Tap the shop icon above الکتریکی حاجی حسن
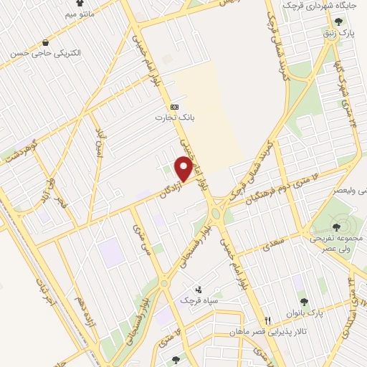click(x=47, y=43)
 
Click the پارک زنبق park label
click(x=338, y=33)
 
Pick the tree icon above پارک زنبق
click(x=338, y=22)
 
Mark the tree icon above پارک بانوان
click(x=303, y=302)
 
